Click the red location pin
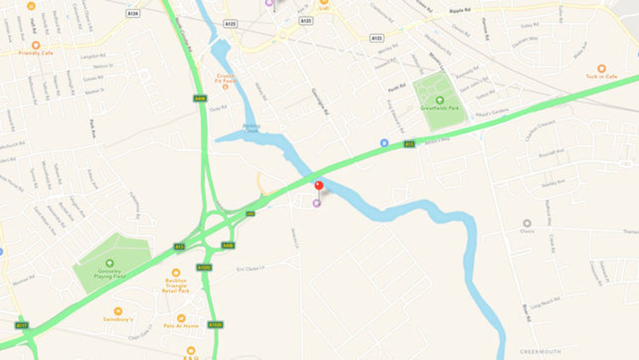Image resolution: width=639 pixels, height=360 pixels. click(319, 186)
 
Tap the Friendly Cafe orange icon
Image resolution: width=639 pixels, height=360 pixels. click(36, 45)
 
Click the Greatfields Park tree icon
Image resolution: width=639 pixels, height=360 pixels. click(440, 99)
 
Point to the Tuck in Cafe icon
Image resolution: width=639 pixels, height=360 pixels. click(602, 68)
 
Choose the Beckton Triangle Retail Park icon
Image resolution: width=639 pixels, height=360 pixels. click(176, 272)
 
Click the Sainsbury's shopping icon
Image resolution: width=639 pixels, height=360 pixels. click(118, 310)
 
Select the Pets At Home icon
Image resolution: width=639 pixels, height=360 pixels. click(181, 318)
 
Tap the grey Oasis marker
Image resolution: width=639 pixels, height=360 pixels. click(527, 223)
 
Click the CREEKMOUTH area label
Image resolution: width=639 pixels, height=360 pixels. click(540, 352)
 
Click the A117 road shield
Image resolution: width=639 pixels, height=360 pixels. click(22, 325)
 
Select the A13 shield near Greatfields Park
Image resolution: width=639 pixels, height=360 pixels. click(409, 144)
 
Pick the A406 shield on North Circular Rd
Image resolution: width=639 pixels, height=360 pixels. click(200, 98)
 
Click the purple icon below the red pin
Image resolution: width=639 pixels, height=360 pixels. click(317, 203)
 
